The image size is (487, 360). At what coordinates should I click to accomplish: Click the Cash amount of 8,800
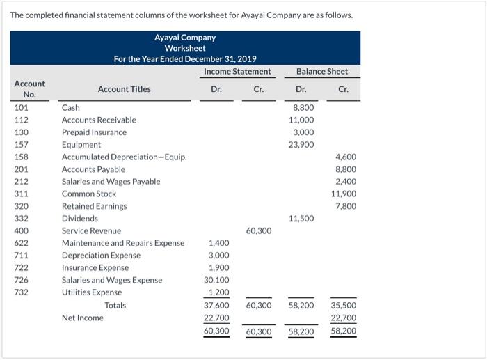point(303,108)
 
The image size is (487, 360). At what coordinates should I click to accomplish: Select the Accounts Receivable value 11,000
point(301,120)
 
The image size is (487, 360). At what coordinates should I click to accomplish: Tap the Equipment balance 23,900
point(301,145)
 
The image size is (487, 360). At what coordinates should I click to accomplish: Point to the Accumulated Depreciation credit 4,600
point(346,157)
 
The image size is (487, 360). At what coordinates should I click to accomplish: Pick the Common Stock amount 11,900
point(344,194)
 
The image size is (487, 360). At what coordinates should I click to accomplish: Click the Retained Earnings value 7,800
point(346,206)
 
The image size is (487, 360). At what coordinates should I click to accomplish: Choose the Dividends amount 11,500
point(301,219)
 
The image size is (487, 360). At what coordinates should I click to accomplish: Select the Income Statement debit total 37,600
point(217,305)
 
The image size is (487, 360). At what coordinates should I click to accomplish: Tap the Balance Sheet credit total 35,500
point(344,305)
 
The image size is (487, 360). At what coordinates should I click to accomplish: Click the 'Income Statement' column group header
point(237,72)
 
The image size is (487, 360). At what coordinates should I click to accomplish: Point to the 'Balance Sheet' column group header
point(321,72)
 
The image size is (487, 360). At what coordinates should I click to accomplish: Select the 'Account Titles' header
point(124,89)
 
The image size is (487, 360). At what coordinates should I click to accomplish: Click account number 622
point(22,243)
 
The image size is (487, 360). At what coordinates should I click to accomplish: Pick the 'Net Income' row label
point(82,318)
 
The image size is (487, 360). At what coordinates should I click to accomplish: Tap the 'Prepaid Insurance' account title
point(94,132)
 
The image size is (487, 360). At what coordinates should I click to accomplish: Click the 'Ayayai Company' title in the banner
point(185,38)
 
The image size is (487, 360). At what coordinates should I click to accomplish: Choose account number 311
point(22,194)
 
